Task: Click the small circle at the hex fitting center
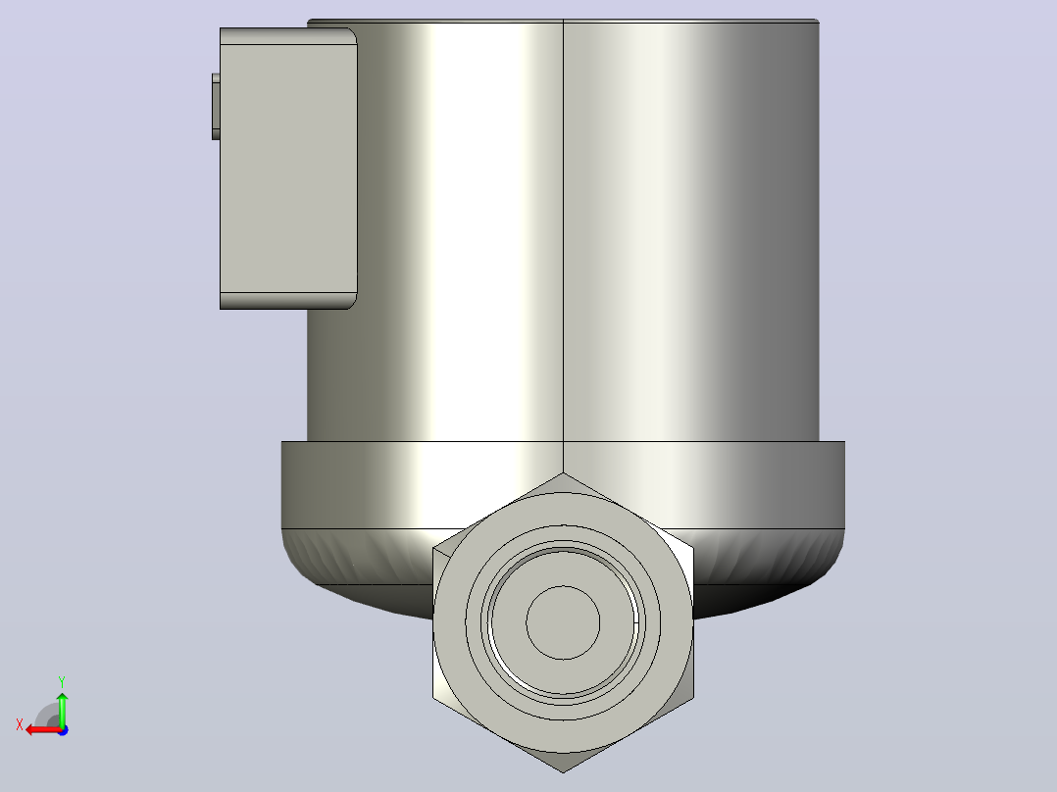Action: pos(563,622)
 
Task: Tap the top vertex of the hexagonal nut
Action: pos(564,472)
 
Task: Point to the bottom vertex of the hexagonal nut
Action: pos(564,772)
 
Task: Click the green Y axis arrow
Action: pos(62,709)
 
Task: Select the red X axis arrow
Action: pos(44,730)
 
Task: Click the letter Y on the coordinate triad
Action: pos(62,682)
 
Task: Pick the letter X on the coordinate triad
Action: pos(20,725)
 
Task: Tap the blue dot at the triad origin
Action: pos(64,730)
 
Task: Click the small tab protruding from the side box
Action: pos(216,107)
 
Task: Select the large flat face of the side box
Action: pos(288,169)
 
